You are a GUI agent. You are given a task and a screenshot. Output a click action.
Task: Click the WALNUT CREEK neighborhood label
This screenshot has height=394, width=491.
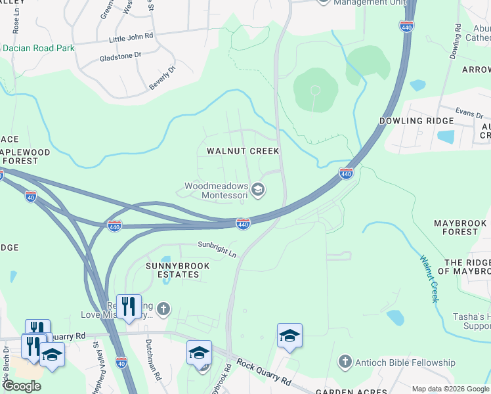243,151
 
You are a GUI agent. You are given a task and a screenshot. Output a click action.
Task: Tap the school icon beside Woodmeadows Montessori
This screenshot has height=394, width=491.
259,190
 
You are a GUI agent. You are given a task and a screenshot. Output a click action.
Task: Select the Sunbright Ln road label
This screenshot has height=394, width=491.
217,248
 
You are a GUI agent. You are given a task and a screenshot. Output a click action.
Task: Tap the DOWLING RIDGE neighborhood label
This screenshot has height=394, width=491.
416,121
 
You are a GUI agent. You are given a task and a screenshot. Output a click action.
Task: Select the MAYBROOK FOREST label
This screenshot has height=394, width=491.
460,227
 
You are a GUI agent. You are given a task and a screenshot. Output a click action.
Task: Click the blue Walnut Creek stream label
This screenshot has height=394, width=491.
429,278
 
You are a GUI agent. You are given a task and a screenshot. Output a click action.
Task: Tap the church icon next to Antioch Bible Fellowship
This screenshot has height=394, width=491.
344,362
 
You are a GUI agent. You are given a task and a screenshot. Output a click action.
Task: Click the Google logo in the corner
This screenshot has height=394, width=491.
22,385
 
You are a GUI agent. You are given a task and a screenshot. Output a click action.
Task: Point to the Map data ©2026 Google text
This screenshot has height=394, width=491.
450,389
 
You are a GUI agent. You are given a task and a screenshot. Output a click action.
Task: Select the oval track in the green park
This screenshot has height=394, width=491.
315,90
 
